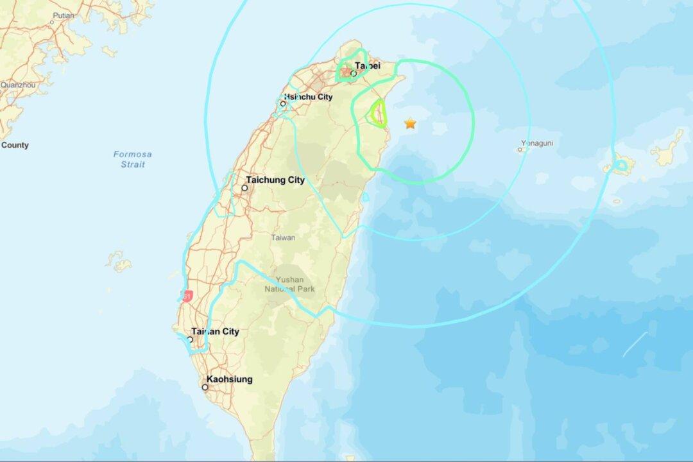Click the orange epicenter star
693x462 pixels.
pyautogui.click(x=410, y=123)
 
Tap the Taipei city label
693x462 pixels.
pyautogui.click(x=367, y=65)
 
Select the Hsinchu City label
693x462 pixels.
pyautogui.click(x=309, y=97)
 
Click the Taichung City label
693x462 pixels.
pyautogui.click(x=277, y=180)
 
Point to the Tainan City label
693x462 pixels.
pyautogui.click(x=215, y=331)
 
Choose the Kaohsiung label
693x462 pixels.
pyautogui.click(x=229, y=379)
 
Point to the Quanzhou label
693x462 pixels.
pyautogui.click(x=18, y=84)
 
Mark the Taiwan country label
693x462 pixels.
pyautogui.click(x=283, y=237)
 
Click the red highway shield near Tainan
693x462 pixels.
pyautogui.click(x=187, y=296)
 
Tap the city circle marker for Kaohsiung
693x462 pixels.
pyautogui.click(x=205, y=388)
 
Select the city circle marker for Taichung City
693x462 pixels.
pyautogui.click(x=244, y=188)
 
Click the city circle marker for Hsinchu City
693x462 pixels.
pyautogui.click(x=282, y=103)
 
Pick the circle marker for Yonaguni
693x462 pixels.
pyautogui.click(x=520, y=150)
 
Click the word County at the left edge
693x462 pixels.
pyautogui.click(x=15, y=145)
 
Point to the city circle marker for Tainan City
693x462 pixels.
pyautogui.click(x=190, y=339)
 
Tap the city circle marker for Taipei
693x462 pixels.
pyautogui.click(x=353, y=74)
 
